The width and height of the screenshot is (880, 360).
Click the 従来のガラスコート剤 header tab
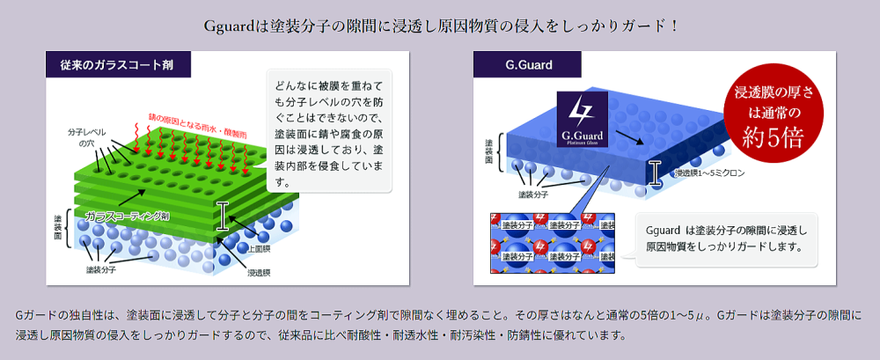pos(116,64)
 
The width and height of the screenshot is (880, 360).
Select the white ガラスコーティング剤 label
pos(128,215)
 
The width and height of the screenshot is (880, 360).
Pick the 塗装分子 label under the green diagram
pos(103,269)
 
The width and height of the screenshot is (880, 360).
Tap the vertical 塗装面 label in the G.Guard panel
pos(489,151)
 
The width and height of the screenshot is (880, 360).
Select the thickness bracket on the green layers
pos(223,215)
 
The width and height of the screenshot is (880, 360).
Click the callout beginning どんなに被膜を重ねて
pos(328,132)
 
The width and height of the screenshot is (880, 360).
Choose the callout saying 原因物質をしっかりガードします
pos(724,239)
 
